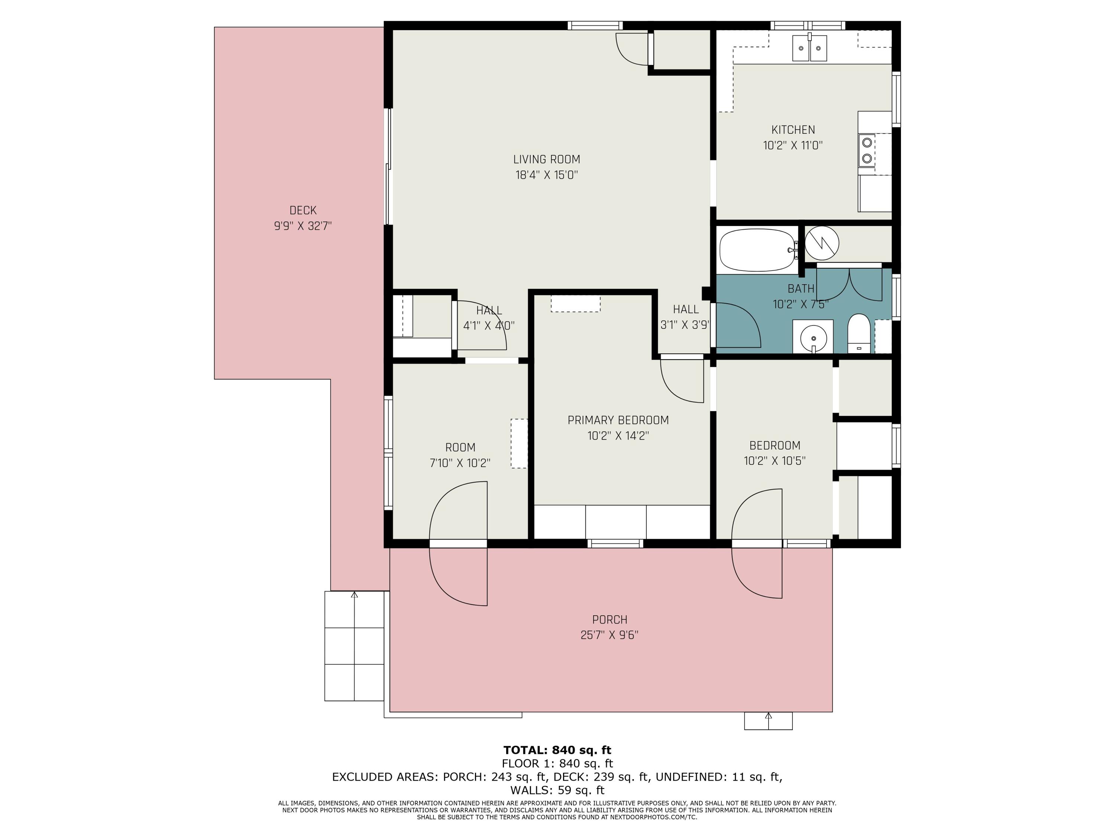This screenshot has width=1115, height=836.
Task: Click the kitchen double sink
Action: (x=809, y=48)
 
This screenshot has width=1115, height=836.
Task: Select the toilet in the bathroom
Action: (x=859, y=333)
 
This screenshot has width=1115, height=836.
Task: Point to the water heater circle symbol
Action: (x=822, y=243)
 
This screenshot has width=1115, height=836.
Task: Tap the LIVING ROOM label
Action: (x=546, y=159)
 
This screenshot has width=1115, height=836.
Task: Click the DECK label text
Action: (x=303, y=210)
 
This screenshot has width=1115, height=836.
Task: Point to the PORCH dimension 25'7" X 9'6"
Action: (x=610, y=635)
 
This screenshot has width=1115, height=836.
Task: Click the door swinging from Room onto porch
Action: (x=458, y=574)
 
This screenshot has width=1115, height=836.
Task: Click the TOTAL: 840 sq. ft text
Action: (x=557, y=750)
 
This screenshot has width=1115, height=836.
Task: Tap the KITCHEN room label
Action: (x=793, y=130)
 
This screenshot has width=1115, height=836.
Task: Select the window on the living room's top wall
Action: (x=595, y=25)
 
